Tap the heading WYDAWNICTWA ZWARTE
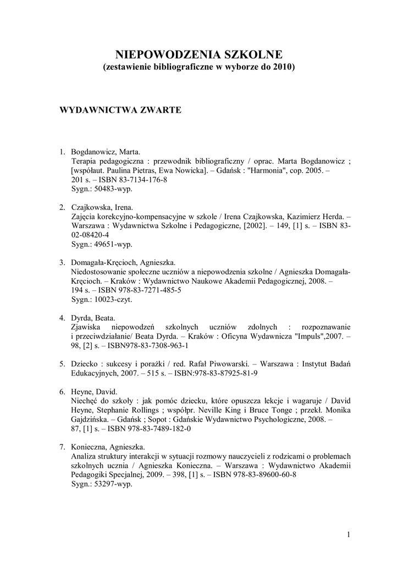tap(120, 109)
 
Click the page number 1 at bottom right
tap(349, 534)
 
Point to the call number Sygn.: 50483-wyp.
tap(102, 189)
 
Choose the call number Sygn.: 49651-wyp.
tap(102, 245)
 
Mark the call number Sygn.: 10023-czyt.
tap(102, 300)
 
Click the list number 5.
tap(62, 364)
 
